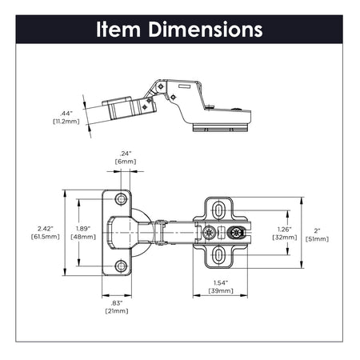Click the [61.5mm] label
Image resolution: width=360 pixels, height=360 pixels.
pos(46,237)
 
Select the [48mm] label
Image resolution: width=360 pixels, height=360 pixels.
pos(84,237)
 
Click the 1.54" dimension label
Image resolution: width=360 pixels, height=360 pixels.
pos(222,283)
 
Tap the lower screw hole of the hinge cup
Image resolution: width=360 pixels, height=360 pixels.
pos(121,266)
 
